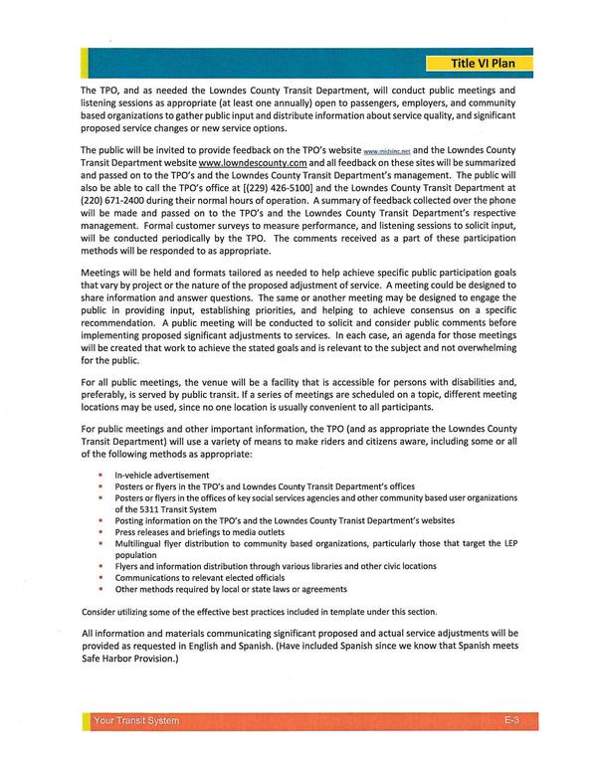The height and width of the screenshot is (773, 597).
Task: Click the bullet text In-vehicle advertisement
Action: coord(161,475)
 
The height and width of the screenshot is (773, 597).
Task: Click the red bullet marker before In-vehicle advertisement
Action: coord(100,475)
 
